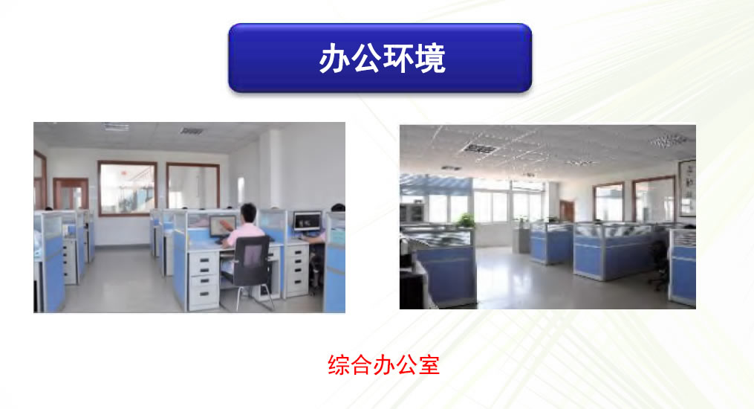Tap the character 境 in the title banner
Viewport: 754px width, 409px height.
[430, 58]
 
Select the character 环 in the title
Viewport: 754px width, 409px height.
[398, 58]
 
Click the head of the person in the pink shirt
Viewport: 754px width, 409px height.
[248, 213]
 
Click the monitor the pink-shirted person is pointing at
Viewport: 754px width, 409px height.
[222, 225]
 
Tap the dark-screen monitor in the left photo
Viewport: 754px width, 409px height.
[308, 221]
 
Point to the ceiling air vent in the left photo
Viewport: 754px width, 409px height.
[192, 130]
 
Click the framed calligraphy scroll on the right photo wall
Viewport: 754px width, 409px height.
[687, 188]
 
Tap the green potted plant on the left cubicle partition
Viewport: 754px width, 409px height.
[465, 219]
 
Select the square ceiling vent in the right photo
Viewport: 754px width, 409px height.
[479, 148]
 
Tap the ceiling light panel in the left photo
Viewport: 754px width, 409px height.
[116, 126]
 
